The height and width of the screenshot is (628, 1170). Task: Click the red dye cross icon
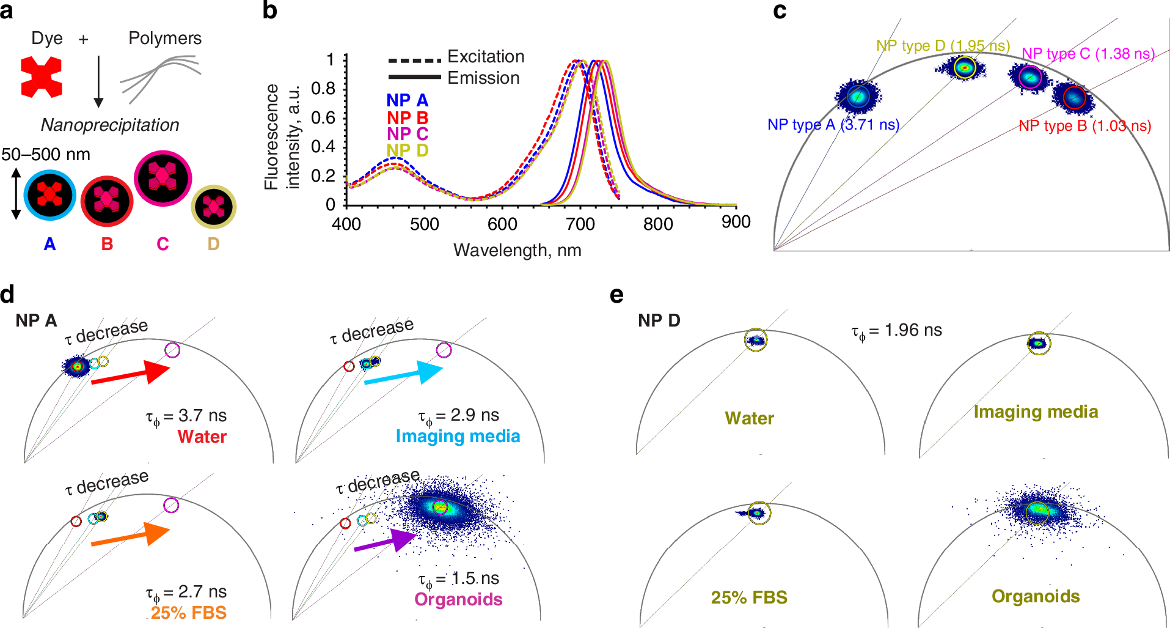(x=41, y=77)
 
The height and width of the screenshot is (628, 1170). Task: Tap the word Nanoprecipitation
(x=110, y=125)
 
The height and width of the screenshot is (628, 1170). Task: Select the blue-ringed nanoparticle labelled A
(x=49, y=196)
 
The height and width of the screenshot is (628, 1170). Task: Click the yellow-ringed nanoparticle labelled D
(x=213, y=207)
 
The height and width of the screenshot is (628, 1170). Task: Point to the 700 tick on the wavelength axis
(x=580, y=224)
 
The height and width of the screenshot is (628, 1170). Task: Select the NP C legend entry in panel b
(x=407, y=133)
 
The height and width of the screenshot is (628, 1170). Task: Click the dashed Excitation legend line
(x=414, y=61)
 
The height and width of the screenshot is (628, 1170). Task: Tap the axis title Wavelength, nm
(x=517, y=250)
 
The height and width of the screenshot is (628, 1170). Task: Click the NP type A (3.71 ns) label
(x=833, y=125)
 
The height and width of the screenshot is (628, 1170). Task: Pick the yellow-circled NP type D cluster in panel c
(x=964, y=67)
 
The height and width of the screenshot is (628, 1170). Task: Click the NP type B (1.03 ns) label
(x=1084, y=126)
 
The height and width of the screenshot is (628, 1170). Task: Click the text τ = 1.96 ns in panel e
(x=896, y=331)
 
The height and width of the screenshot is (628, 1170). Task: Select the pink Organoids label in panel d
(x=458, y=599)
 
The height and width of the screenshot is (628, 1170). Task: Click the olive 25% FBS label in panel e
(x=748, y=597)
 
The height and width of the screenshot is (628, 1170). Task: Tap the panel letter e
(x=616, y=296)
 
